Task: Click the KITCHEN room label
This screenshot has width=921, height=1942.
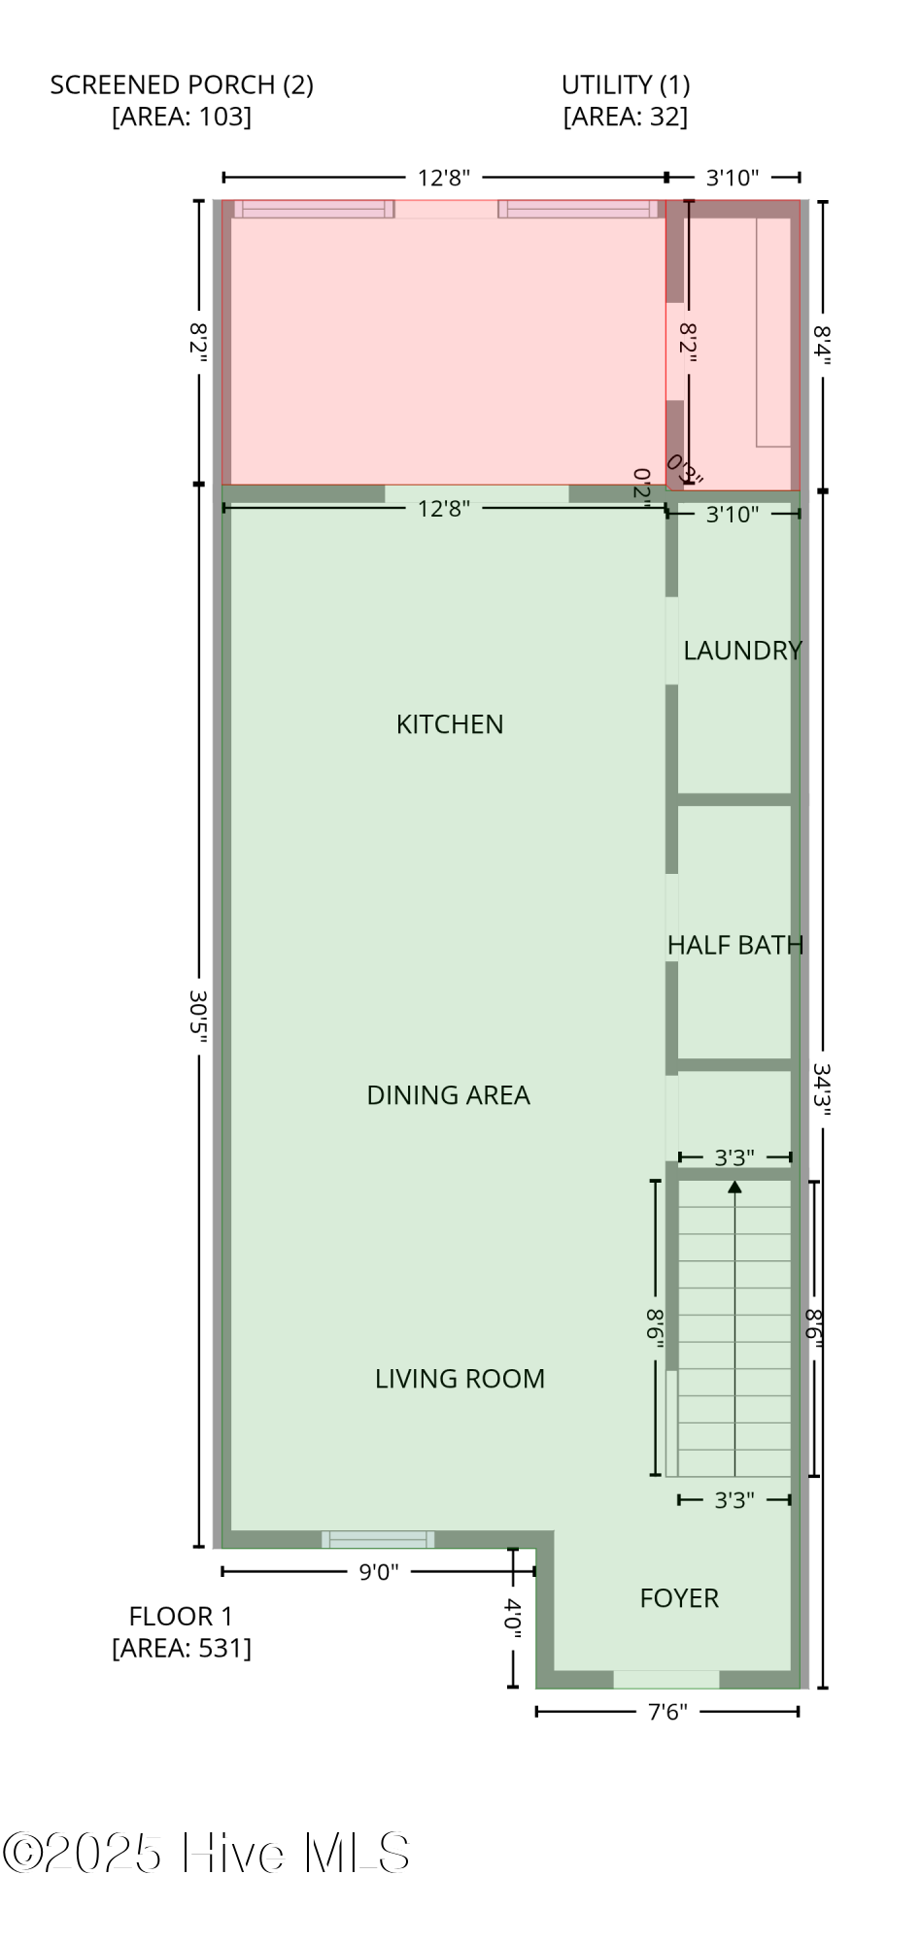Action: click(450, 724)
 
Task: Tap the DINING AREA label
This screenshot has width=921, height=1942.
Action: click(448, 1095)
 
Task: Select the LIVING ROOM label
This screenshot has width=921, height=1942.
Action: click(460, 1379)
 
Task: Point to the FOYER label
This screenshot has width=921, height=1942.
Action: click(679, 1598)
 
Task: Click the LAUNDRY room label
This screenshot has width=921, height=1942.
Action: click(742, 651)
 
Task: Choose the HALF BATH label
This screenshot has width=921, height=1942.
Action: click(735, 945)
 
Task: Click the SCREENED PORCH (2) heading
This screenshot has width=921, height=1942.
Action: click(182, 85)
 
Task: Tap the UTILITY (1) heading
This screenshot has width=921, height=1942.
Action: click(626, 85)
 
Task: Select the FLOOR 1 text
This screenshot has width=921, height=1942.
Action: click(182, 1617)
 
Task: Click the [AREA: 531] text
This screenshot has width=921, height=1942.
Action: click(182, 1648)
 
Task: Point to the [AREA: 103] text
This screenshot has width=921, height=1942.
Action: click(182, 117)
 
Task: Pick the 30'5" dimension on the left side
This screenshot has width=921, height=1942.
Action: click(198, 1018)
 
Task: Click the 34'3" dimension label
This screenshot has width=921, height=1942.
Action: click(822, 1090)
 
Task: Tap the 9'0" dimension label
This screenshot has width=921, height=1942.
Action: click(379, 1572)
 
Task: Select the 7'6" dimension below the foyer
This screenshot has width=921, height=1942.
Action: click(667, 1712)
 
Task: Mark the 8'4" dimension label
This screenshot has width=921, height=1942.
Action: click(822, 346)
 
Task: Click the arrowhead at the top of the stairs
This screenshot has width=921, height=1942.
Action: click(735, 1187)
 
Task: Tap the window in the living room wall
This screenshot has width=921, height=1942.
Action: click(378, 1539)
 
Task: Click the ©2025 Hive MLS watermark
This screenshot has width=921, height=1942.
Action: click(206, 1853)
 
